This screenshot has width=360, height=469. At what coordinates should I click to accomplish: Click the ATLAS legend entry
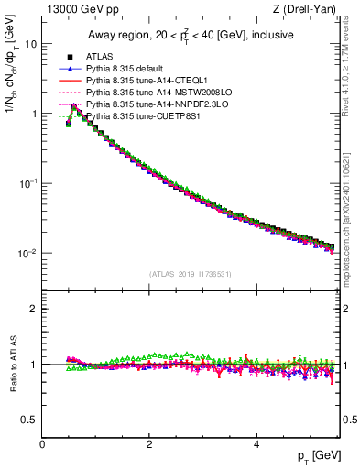[x=100, y=58]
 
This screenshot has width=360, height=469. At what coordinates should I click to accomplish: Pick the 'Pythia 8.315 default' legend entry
[x=128, y=70]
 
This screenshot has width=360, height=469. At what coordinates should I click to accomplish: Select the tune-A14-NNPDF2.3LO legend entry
[x=152, y=105]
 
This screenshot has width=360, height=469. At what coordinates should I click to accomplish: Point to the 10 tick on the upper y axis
[x=31, y=44]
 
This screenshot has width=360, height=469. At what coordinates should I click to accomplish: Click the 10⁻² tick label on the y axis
[x=27, y=253]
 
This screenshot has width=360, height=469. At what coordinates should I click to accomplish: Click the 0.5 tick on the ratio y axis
[x=28, y=420]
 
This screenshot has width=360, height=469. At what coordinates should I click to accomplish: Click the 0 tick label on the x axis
[x=42, y=444]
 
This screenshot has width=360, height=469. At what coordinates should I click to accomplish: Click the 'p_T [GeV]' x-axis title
[x=318, y=456]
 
